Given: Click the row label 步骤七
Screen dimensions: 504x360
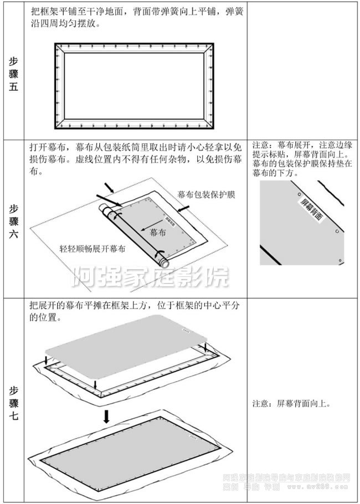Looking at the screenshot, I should pos(13,403).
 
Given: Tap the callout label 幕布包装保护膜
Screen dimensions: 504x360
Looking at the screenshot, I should pos(207,195).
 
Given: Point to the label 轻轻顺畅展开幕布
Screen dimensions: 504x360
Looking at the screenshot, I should pos(92,249).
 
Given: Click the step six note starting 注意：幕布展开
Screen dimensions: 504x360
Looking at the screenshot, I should pos(302,158).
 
